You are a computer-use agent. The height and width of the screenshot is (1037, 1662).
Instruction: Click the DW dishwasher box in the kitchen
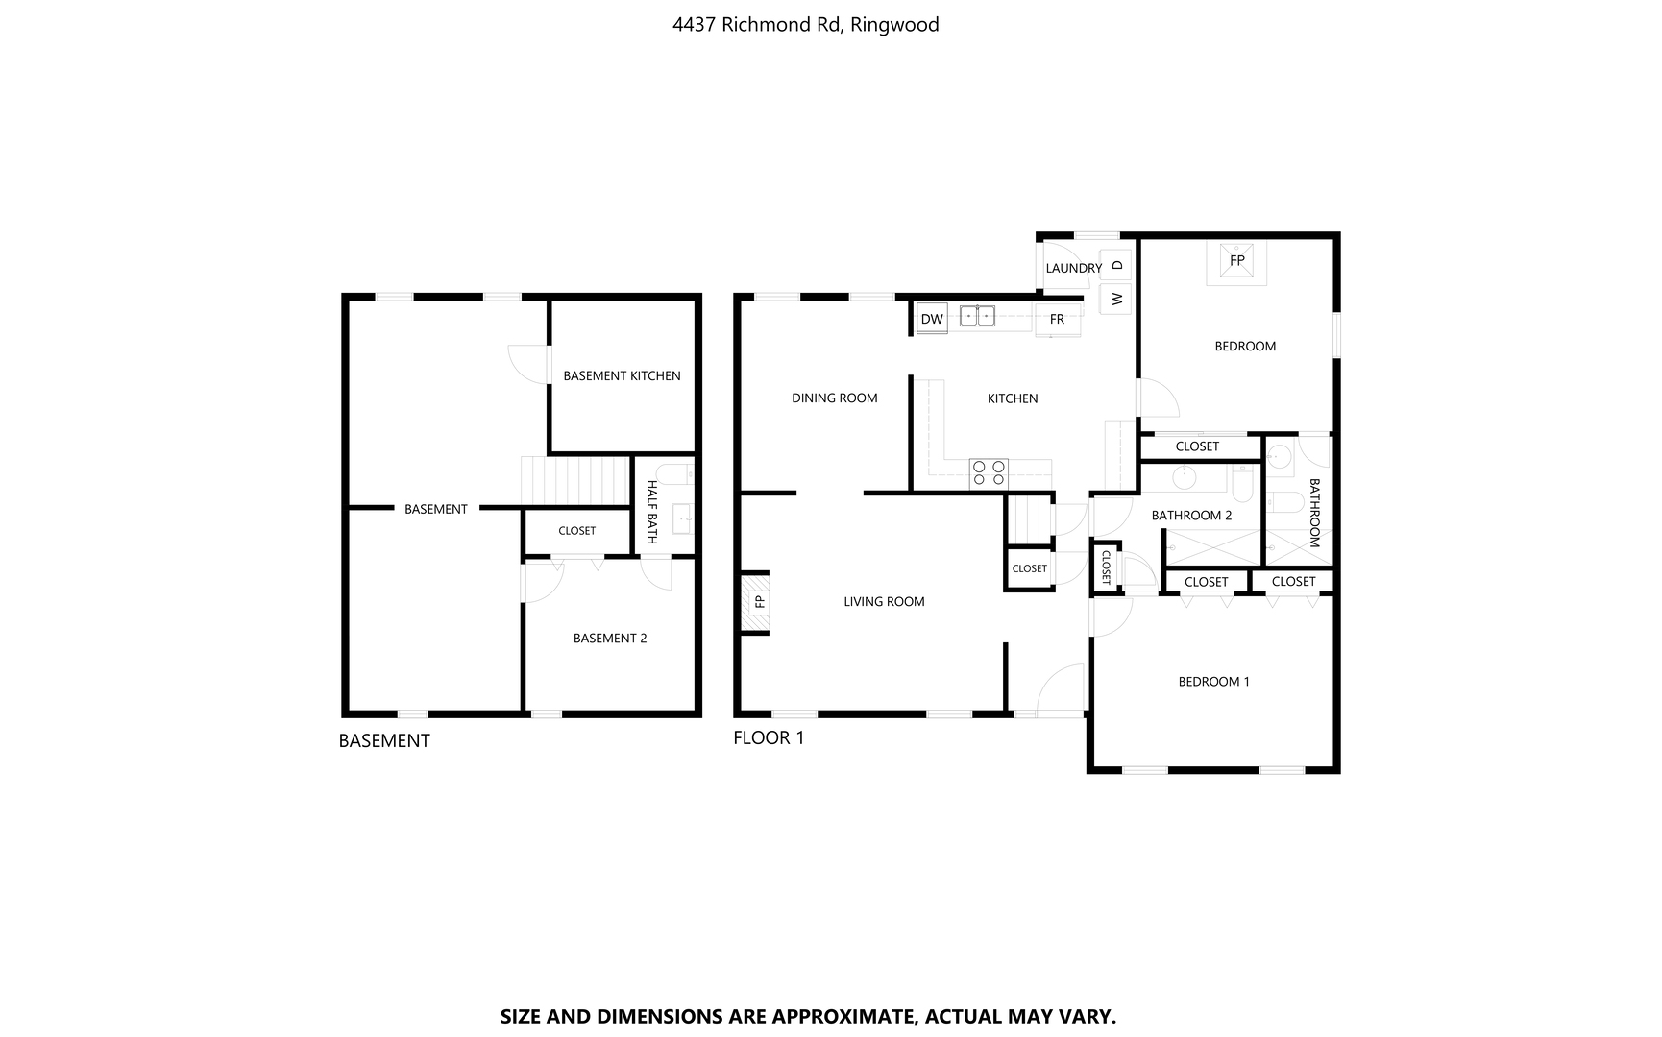[x=932, y=319]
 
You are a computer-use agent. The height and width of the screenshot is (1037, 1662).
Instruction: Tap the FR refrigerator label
[x=1057, y=319]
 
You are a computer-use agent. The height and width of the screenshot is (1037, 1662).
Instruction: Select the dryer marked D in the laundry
[x=1116, y=265]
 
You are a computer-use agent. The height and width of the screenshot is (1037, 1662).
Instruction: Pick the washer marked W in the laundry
[x=1116, y=299]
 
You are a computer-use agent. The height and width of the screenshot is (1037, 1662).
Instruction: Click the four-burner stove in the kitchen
[x=989, y=472]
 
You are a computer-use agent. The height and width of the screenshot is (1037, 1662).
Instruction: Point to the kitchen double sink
[x=977, y=316]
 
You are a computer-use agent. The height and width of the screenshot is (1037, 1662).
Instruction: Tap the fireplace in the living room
[x=755, y=602]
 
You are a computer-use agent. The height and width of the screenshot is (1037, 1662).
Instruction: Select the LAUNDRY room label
[x=1074, y=268]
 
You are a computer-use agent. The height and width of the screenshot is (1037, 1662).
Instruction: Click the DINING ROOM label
[x=835, y=398]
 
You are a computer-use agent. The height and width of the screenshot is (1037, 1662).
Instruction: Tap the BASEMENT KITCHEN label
[x=622, y=375]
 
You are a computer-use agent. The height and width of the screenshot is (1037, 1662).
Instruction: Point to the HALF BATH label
[x=652, y=512]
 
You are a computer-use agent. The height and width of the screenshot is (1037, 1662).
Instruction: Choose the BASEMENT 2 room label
[x=610, y=638]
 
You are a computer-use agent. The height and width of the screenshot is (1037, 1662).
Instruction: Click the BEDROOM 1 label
[x=1214, y=682]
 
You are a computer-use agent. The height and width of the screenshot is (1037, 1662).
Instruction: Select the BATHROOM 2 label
[x=1192, y=516]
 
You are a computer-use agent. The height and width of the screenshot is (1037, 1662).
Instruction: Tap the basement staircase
[x=574, y=480]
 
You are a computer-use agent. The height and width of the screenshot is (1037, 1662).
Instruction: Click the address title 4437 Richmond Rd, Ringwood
[x=806, y=25]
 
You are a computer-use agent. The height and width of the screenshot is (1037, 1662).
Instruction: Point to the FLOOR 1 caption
[x=769, y=737]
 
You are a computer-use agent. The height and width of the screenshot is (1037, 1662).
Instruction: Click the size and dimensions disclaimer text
[x=808, y=1016]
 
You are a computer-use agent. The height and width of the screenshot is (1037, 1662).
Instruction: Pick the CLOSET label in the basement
[x=577, y=530]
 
